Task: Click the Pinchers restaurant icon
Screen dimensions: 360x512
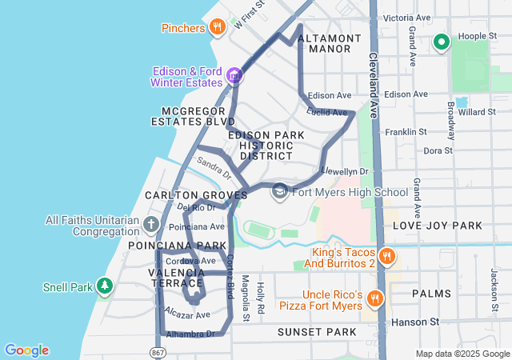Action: coord(217,28)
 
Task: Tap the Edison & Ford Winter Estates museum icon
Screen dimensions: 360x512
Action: coord(234,76)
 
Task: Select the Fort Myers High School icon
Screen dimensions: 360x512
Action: coord(279,191)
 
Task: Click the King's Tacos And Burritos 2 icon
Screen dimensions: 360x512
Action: coord(386,256)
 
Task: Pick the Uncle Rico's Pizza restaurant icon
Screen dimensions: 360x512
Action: coord(374,299)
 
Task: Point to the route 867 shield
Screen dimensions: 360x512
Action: coord(158,352)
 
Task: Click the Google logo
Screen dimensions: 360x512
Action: coord(26,350)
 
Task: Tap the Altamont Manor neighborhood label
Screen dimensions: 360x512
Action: coord(324,43)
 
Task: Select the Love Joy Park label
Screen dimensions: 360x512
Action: coord(437,226)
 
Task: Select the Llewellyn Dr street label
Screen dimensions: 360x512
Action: coord(345,171)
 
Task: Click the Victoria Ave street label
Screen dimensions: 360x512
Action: coord(407,18)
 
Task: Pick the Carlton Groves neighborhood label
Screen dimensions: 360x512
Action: coord(196,195)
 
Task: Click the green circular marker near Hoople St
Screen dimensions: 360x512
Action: coord(440,42)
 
